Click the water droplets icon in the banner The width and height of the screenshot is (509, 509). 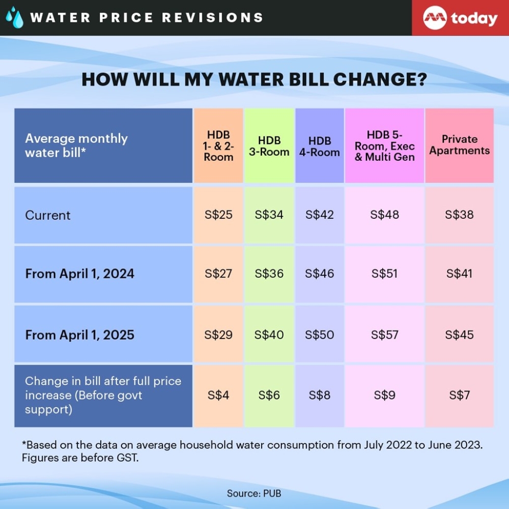(x=14, y=17)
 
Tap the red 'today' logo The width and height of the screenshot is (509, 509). (x=460, y=18)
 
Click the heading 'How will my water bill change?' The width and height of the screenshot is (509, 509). (x=254, y=80)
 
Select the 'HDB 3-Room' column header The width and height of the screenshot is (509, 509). (x=269, y=146)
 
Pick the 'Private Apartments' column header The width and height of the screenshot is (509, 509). (x=460, y=145)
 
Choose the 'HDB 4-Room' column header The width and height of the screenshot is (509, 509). (x=320, y=146)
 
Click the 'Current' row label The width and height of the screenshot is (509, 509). (x=48, y=215)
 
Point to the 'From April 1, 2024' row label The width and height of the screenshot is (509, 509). (x=80, y=274)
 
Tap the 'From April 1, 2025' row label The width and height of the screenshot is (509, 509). (x=80, y=335)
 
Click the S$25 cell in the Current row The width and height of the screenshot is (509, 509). (x=218, y=215)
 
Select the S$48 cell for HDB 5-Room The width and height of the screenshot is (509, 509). (x=385, y=215)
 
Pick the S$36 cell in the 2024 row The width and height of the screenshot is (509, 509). (x=269, y=274)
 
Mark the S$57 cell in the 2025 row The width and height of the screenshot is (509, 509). (x=385, y=335)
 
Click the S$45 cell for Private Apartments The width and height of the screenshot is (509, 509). (x=460, y=335)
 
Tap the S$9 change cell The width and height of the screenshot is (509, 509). (x=385, y=395)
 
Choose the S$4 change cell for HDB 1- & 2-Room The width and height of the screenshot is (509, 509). (x=218, y=395)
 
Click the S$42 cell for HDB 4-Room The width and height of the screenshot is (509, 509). (x=320, y=215)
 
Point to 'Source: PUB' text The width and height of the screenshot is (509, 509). (x=254, y=493)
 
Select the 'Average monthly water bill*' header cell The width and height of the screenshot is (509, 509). (x=76, y=145)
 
